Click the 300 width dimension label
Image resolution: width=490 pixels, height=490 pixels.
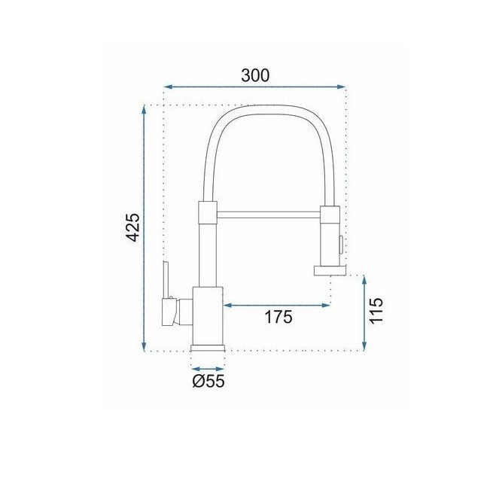[x=255, y=75]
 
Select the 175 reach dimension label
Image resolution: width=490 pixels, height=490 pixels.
[x=278, y=317]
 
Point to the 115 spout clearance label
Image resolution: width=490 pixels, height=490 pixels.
[x=376, y=311]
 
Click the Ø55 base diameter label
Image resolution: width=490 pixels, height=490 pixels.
[x=208, y=381]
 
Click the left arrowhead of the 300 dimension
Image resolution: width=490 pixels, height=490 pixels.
[x=168, y=87]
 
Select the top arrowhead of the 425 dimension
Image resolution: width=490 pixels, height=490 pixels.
[x=144, y=109]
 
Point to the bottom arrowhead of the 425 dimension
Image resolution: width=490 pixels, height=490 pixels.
[x=144, y=346]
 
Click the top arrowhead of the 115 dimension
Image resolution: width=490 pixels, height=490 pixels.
[x=364, y=280]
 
